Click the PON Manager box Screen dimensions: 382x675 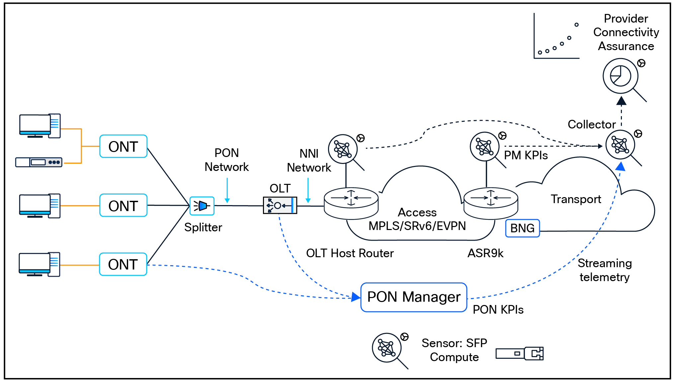[x=414, y=297]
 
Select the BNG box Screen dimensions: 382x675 [x=522, y=228]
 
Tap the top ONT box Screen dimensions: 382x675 [x=123, y=146]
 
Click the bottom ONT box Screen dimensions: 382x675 [x=123, y=265]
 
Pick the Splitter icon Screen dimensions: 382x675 [x=202, y=206]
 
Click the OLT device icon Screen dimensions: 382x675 [x=280, y=205]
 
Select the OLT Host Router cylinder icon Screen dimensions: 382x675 [x=351, y=203]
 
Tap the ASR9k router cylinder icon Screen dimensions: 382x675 [x=490, y=203]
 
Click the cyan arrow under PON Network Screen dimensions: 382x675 [x=227, y=191]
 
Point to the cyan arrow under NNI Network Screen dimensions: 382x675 [x=308, y=191]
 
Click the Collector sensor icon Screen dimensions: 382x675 [x=620, y=145]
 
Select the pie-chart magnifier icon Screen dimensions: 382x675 [x=621, y=76]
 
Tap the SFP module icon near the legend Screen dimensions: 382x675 [x=519, y=353]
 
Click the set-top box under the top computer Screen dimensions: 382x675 [x=39, y=162]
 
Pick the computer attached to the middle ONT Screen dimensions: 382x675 [x=40, y=206]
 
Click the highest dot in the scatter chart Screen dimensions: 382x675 [x=576, y=25]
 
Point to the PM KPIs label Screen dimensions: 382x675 [x=526, y=155]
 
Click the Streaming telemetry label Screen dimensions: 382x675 [x=604, y=270]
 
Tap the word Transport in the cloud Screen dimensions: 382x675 [x=576, y=199]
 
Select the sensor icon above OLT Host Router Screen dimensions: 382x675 [x=343, y=149]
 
